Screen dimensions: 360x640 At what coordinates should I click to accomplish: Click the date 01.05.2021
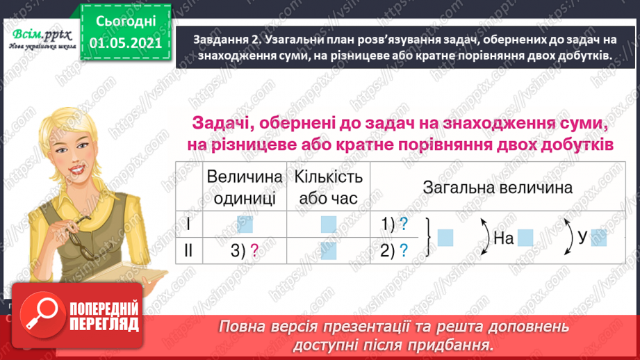126,44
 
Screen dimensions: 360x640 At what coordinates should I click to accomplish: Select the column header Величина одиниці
245,188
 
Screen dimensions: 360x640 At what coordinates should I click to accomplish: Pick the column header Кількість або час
327,188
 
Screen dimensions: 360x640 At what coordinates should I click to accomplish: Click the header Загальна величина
498,188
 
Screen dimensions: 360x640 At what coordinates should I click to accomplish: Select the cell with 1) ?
393,224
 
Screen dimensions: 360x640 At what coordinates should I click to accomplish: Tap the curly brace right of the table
429,238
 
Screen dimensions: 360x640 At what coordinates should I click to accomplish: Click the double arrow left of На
483,238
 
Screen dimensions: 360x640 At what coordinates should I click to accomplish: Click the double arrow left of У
569,238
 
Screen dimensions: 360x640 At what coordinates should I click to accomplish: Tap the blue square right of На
525,238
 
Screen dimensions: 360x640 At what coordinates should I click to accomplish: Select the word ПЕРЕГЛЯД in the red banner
106,325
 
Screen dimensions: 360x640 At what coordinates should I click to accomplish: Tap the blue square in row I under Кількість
328,224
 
